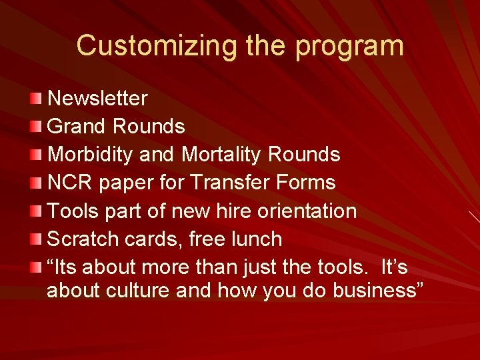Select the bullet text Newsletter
point(98,99)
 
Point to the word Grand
point(77,127)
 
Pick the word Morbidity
point(91,155)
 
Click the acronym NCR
point(70,183)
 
